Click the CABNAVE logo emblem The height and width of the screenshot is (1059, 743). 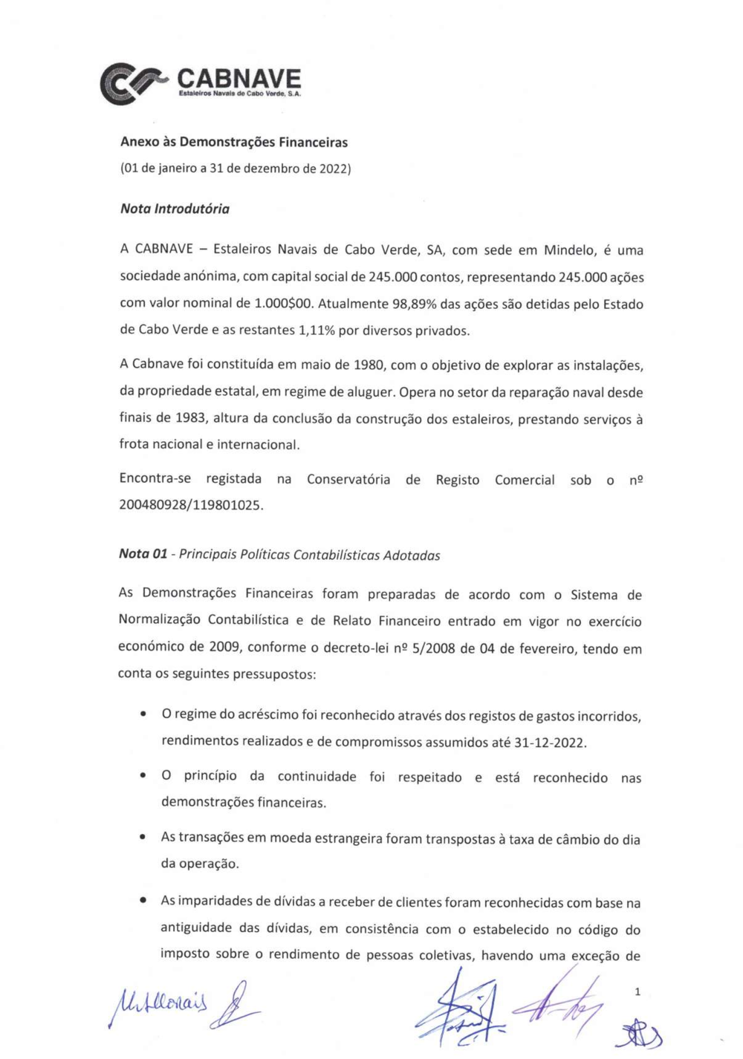click(132, 82)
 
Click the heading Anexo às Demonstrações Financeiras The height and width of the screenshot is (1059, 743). click(234, 142)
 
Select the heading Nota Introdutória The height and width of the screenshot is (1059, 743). click(175, 209)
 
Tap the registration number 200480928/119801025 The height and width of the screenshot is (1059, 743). click(191, 506)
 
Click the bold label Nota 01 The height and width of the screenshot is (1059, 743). click(143, 554)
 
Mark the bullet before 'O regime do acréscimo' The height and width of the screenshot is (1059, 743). click(142, 714)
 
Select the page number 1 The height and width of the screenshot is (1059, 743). click(637, 991)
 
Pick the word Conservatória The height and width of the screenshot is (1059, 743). click(348, 480)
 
